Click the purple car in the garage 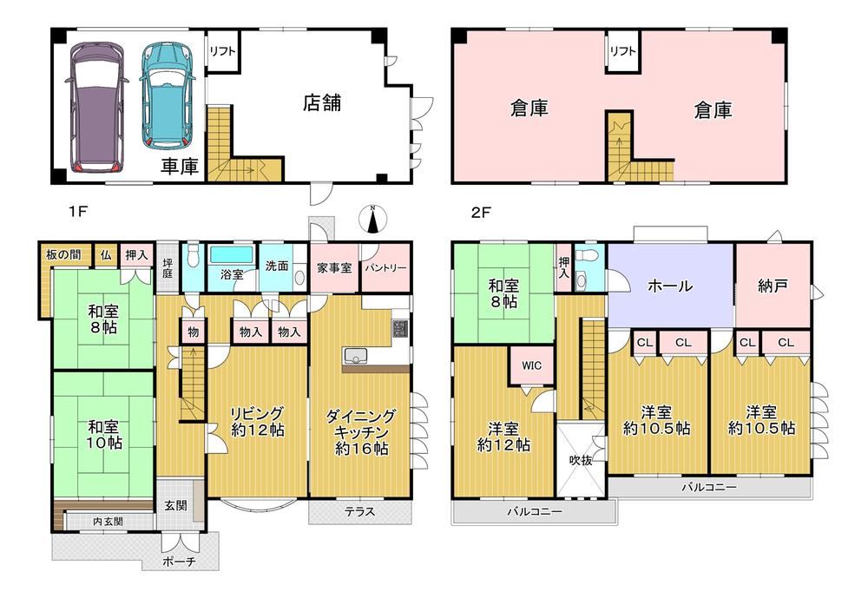pos(96,108)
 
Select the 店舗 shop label pos(322,102)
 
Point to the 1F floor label pos(78,211)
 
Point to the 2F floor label pos(481,212)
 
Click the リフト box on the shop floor pos(222,51)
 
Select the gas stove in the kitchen pos(399,329)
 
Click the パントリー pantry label pos(385,268)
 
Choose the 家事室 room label pos(334,268)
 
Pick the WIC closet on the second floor pos(531,365)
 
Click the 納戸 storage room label pos(773,286)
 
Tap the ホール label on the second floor pos(670,286)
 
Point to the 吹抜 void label pos(581,460)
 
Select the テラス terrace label pos(360,512)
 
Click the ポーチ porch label pos(180,562)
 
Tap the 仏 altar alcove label pos(105,255)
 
